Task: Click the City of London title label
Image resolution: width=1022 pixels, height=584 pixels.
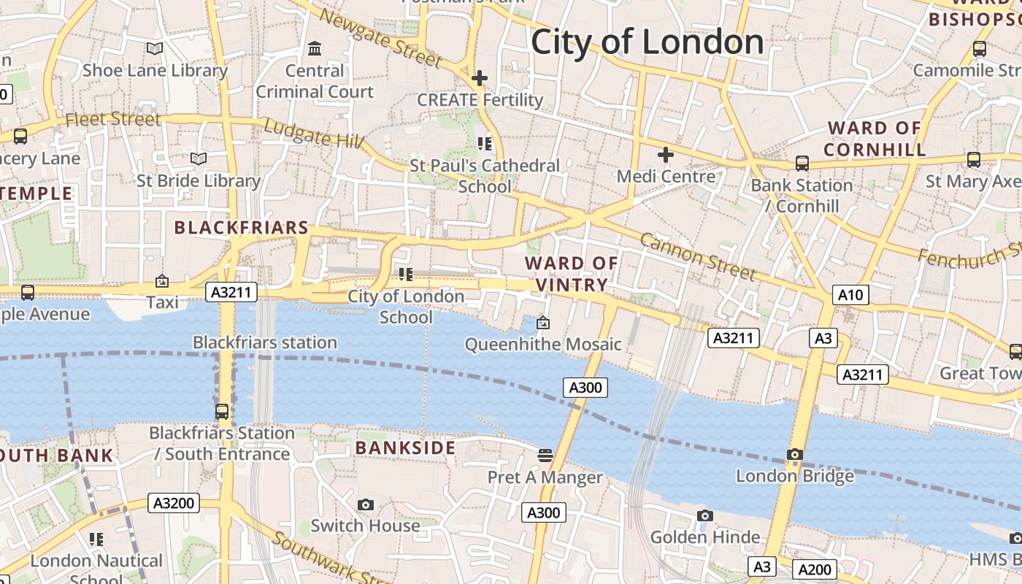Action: coord(647,42)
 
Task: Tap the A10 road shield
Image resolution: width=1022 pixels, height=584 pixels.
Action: coord(850,295)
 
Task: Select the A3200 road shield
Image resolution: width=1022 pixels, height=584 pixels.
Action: coord(174,502)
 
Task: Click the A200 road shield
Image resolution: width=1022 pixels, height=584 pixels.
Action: coord(814,569)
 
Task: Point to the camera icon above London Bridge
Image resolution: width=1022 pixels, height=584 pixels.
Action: coord(795,454)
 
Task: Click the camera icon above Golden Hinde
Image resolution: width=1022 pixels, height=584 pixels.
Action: coord(704,515)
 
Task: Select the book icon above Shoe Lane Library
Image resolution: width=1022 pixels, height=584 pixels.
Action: coord(155,49)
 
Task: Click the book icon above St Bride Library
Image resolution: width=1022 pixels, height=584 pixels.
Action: coord(199,158)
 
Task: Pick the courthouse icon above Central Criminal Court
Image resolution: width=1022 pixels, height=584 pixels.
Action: coord(315,49)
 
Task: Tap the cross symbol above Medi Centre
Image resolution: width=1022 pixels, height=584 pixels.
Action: coord(665,155)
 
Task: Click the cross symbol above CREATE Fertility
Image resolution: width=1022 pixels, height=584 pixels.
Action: coord(480,77)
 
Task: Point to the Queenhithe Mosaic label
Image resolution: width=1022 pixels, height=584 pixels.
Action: coord(543,344)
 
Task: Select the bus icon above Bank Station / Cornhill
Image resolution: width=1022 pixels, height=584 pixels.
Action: coord(802,164)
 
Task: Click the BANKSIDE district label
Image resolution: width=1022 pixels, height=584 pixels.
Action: coord(405,447)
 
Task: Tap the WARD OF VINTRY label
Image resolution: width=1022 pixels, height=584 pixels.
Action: coord(572,274)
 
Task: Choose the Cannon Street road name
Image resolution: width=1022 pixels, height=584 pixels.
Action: coord(697,257)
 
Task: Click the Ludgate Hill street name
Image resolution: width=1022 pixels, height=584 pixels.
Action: coord(314,134)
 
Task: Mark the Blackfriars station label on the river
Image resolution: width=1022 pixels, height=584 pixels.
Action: coord(264,342)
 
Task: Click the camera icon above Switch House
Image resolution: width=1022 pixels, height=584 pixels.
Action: coord(366,504)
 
